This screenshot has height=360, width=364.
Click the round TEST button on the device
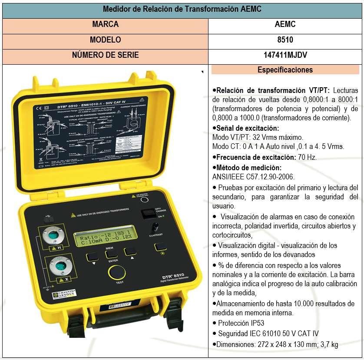click(116, 273)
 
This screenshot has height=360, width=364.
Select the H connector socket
click(53, 235)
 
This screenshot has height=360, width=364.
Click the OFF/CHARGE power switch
click(149, 214)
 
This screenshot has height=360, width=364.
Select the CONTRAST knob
click(154, 227)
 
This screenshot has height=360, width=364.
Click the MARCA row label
click(105, 24)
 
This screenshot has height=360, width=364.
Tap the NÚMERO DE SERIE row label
click(105, 55)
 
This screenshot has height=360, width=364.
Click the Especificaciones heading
click(285, 69)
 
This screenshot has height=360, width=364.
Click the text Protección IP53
click(241, 323)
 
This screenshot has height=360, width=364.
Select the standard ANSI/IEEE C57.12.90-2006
click(253, 177)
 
